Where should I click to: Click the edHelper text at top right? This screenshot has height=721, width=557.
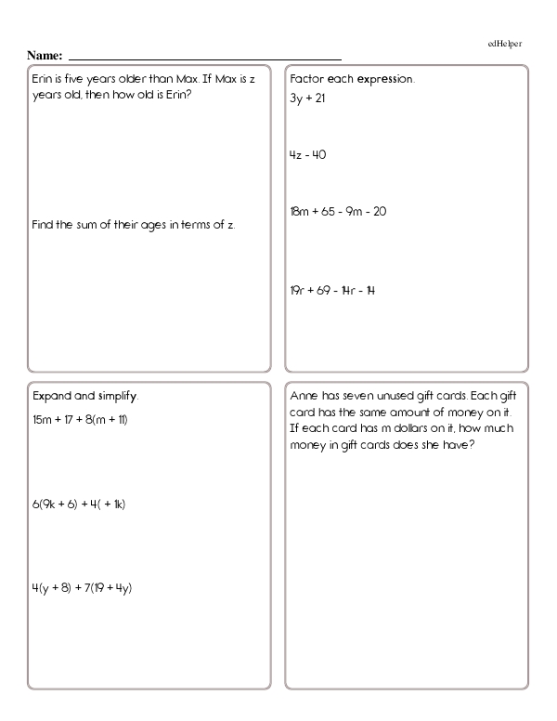[502, 44]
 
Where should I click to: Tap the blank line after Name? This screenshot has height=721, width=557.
[204, 58]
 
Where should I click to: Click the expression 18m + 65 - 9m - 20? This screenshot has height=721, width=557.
[338, 211]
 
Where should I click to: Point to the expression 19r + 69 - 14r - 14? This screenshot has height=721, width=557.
[332, 290]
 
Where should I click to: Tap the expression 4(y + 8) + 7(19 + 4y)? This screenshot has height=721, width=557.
[82, 587]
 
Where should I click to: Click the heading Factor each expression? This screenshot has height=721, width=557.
[352, 79]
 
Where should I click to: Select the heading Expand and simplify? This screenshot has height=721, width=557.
[85, 397]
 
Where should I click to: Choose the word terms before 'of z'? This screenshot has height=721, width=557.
[200, 224]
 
